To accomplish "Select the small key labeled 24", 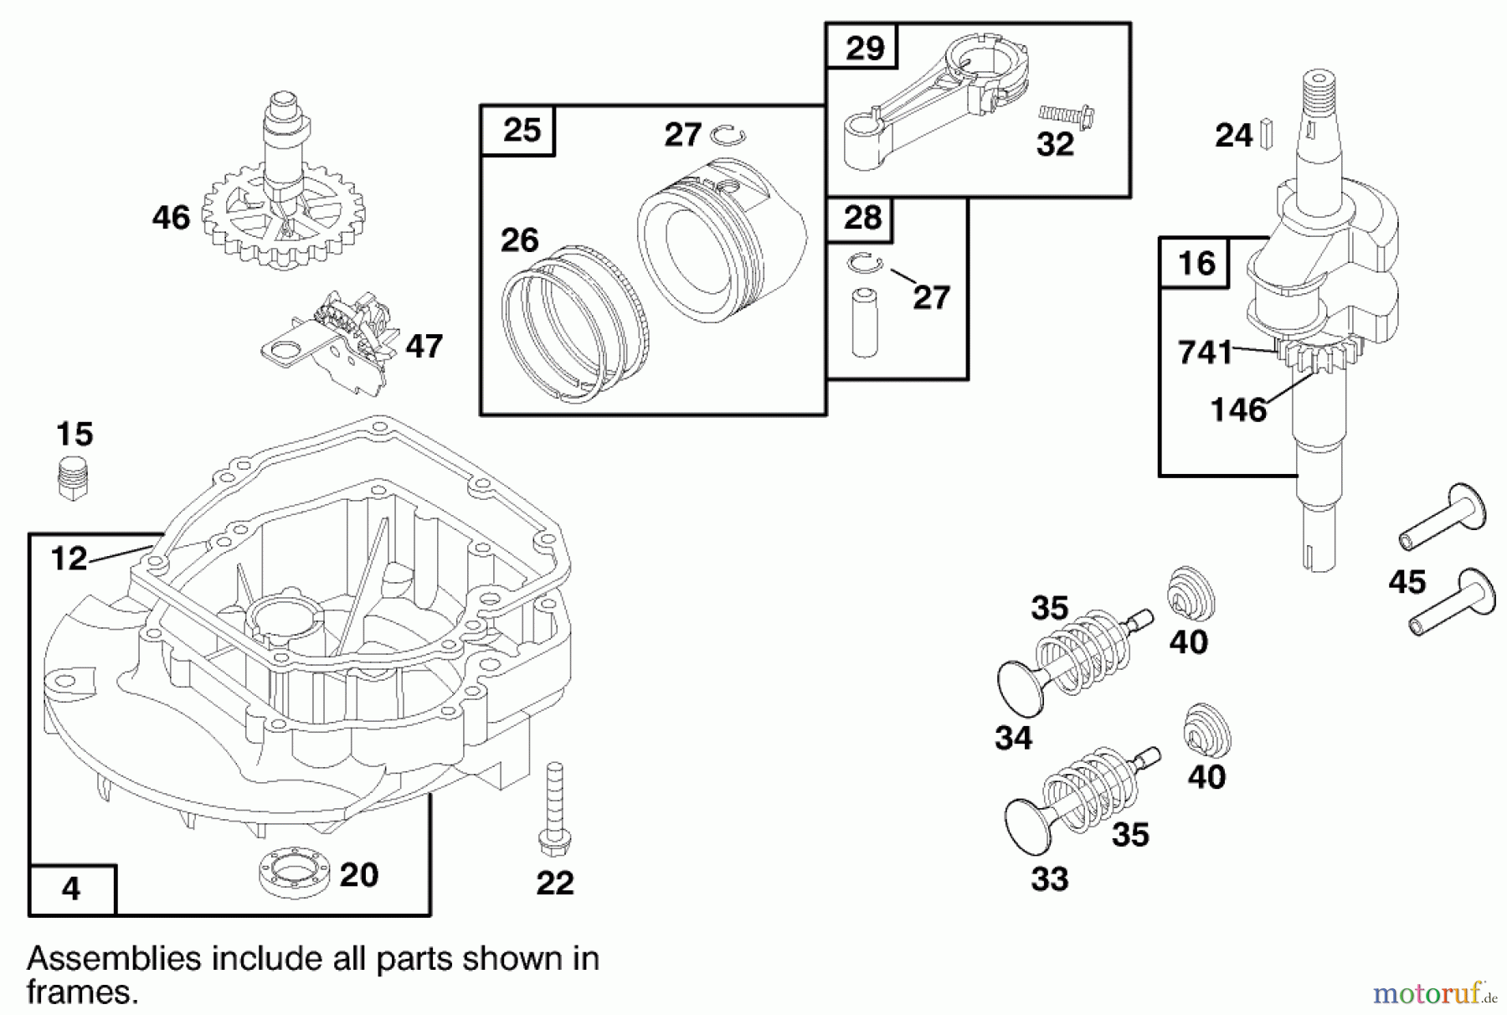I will point(1269,133).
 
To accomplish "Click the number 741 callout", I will point(1205,353).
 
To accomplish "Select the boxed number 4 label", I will point(71,889).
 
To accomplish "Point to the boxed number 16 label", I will point(1196,263).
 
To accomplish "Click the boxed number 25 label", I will point(521,131).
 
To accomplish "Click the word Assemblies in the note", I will point(113,957).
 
